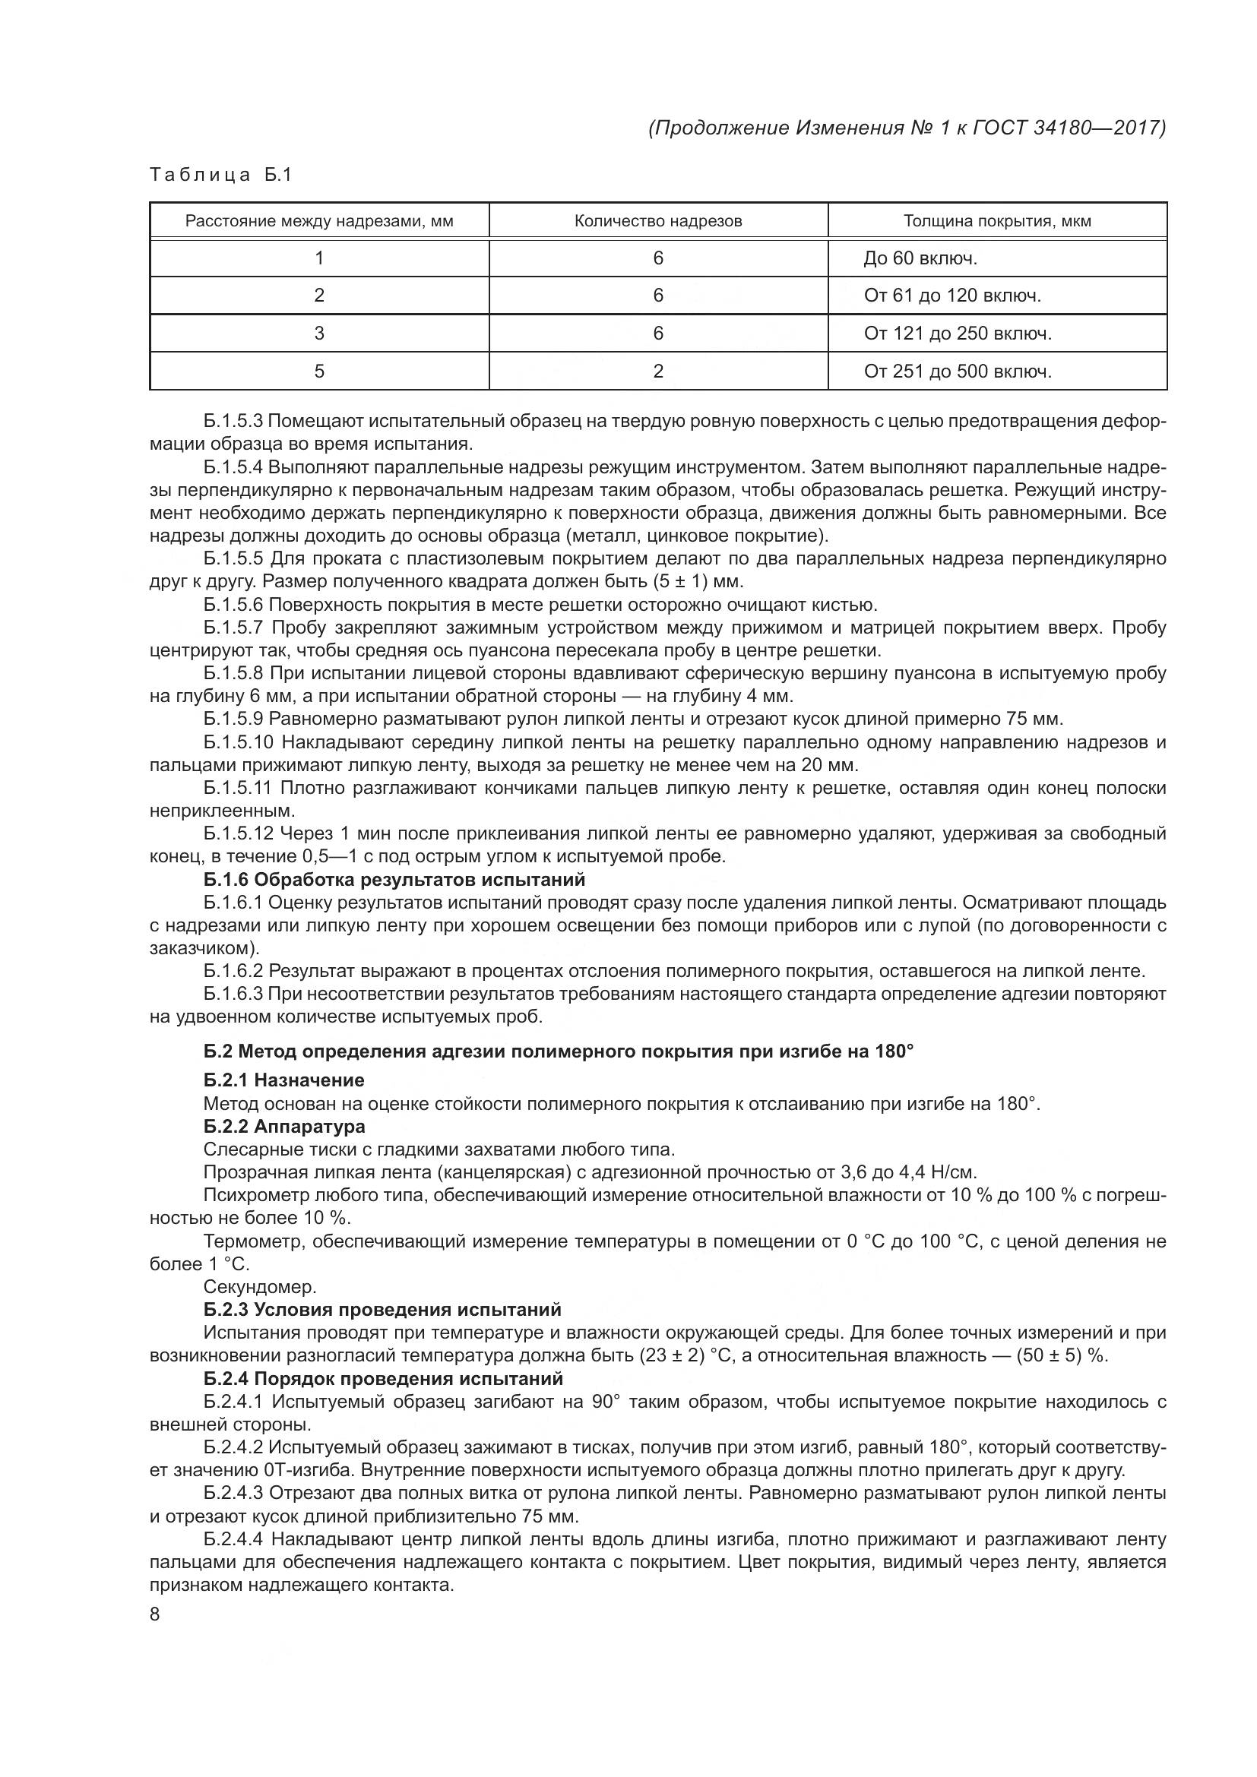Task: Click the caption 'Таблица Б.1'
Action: [x=220, y=175]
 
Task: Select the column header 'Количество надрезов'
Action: [x=658, y=221]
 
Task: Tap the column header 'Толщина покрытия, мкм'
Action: [x=997, y=221]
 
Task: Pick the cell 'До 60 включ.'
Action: [x=920, y=258]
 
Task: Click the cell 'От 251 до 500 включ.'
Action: [x=958, y=372]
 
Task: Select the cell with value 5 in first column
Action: [x=319, y=372]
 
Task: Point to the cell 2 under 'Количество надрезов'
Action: [x=658, y=372]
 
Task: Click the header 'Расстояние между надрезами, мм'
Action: [x=319, y=221]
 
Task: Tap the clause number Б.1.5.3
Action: [x=234, y=422]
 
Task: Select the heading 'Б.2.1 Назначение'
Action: [x=284, y=1080]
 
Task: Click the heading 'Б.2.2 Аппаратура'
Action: [x=284, y=1126]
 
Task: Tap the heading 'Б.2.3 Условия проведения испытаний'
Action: [x=382, y=1310]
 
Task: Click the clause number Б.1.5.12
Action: [x=239, y=834]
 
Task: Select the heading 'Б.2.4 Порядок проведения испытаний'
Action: [x=383, y=1378]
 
